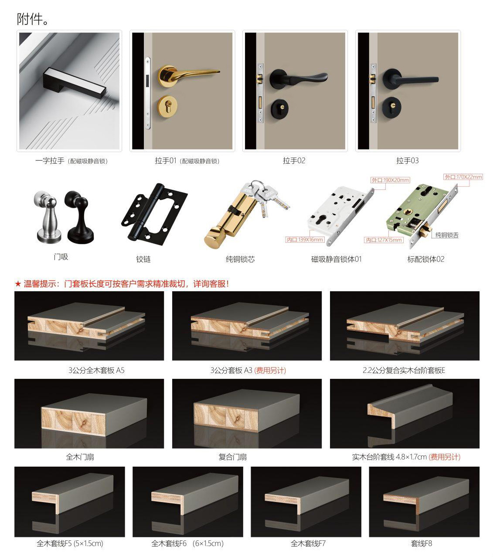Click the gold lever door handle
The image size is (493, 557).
click(181, 73)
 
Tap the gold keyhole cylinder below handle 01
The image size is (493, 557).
click(167, 106)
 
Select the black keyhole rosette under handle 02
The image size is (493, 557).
click(281, 109)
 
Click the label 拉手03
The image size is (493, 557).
click(408, 161)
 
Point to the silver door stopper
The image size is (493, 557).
click(46, 217)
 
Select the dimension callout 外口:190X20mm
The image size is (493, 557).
click(390, 180)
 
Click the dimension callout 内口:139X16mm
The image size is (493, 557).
click(305, 240)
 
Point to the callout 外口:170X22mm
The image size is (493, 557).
click(463, 177)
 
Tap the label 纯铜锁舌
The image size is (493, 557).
click(447, 235)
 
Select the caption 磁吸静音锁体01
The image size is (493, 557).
click(336, 259)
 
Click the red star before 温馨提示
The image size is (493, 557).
click(18, 284)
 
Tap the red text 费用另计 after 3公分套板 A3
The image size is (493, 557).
click(270, 371)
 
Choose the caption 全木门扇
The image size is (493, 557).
click(80, 457)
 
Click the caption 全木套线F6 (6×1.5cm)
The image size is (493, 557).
click(187, 543)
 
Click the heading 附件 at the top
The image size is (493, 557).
click(32, 19)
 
